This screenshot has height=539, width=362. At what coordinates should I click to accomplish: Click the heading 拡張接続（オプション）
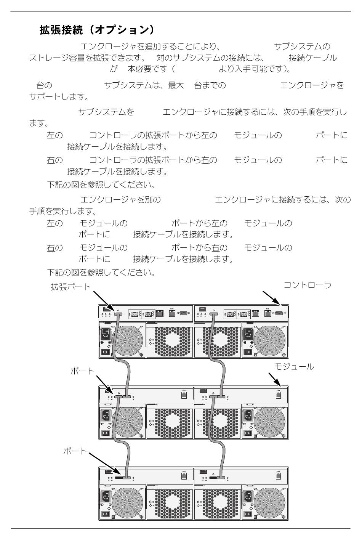point(97,29)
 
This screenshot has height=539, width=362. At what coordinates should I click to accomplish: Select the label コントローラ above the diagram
point(308,285)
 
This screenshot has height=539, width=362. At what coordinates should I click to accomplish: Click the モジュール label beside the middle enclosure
point(294,367)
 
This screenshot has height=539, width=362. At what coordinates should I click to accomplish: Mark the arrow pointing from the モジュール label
point(274,379)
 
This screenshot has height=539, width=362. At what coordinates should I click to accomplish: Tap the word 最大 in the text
point(176,85)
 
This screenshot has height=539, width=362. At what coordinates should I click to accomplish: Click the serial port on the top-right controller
point(278,313)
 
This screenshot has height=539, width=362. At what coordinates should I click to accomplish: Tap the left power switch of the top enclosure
point(105,352)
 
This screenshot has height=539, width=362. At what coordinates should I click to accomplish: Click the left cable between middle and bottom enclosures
point(122,438)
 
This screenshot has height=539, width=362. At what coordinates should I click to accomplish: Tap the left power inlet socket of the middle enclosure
point(105,415)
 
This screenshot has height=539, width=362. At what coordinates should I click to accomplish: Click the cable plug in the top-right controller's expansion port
point(212,315)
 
